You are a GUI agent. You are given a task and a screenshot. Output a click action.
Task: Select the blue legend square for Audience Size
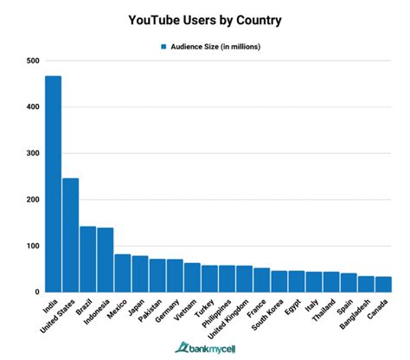coord(161,46)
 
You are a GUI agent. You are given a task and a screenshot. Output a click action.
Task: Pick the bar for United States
coord(71,235)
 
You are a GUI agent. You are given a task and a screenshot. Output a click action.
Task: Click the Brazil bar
coord(88,259)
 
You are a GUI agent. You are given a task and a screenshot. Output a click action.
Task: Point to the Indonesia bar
coord(106,260)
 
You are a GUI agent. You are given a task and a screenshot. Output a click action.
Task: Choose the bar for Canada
coord(383,284)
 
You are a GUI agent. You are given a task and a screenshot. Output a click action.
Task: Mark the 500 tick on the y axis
coord(32,61)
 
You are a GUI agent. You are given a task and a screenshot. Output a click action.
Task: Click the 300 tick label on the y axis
coord(32,153)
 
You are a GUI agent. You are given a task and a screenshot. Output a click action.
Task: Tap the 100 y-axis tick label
coord(32,246)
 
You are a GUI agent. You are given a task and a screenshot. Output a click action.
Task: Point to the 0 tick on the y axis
coord(36,292)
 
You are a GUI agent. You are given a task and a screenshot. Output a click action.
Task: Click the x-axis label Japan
coord(136,306)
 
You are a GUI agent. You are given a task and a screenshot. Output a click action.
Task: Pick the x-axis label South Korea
coord(268,315)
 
